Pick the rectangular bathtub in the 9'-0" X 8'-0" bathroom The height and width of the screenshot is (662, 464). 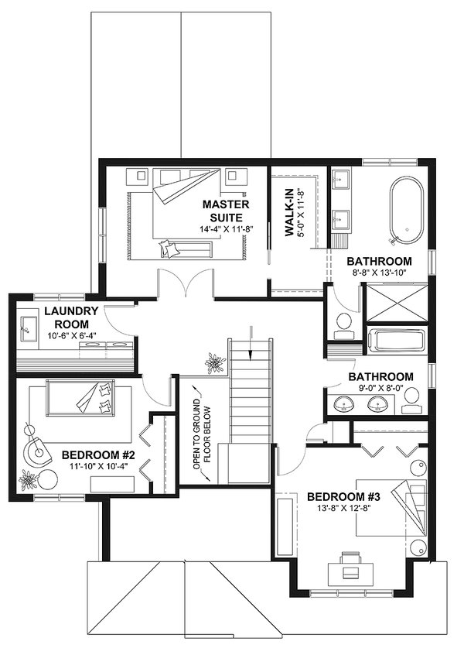[395, 341]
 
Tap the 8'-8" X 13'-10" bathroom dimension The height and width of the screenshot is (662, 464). [379, 274]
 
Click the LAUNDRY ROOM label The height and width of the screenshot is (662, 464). [69, 317]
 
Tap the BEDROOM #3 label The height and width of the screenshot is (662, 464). [342, 496]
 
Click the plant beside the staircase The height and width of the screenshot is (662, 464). [213, 362]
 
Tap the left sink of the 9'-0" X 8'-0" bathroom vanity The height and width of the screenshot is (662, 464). [343, 403]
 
